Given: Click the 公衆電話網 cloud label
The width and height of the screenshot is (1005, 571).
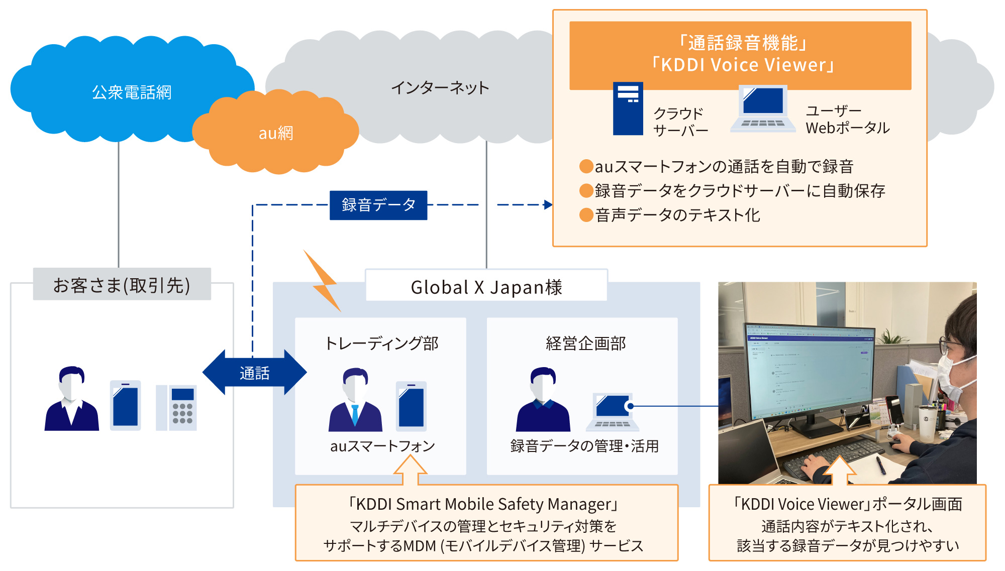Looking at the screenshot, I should pyautogui.click(x=132, y=92).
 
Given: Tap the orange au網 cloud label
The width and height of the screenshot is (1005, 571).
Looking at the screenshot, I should pyautogui.click(x=275, y=133).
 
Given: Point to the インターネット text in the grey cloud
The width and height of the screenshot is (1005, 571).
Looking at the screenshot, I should pyautogui.click(x=440, y=88).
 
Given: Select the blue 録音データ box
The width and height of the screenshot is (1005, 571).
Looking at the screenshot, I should pyautogui.click(x=378, y=205).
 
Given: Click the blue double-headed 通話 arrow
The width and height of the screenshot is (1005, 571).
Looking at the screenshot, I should pyautogui.click(x=254, y=373).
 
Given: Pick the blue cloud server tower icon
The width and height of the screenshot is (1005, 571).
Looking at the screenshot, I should pyautogui.click(x=628, y=108).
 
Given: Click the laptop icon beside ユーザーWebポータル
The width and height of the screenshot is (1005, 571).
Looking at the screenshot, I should pyautogui.click(x=763, y=109).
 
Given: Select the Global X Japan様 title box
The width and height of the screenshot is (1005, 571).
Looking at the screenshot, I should pyautogui.click(x=486, y=286).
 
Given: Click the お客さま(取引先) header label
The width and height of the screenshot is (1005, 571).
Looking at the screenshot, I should pyautogui.click(x=122, y=285).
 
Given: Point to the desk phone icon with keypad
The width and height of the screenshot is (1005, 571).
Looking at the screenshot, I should pyautogui.click(x=176, y=407).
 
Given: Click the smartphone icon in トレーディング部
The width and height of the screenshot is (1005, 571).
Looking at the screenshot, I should pyautogui.click(x=411, y=406).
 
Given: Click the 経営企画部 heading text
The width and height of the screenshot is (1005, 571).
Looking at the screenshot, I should pyautogui.click(x=585, y=344).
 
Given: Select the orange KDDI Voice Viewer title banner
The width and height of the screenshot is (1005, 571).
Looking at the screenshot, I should pyautogui.click(x=740, y=54).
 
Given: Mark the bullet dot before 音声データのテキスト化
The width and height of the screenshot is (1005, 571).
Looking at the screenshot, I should pyautogui.click(x=586, y=215).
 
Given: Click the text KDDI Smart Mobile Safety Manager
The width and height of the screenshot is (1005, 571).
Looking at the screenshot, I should pyautogui.click(x=483, y=504).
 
